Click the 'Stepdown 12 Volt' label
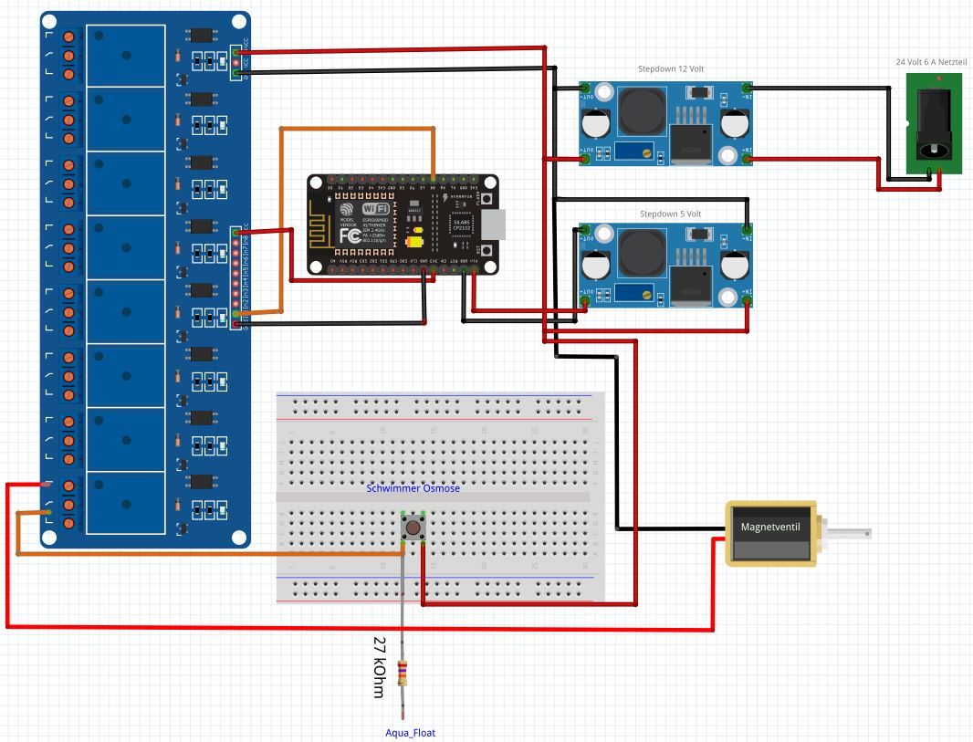(670, 69)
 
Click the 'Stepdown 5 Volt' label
(670, 214)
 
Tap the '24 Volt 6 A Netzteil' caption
(930, 62)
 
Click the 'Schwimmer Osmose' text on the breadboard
(413, 488)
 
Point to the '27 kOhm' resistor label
(380, 667)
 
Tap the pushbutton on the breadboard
(413, 528)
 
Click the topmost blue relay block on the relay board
(126, 56)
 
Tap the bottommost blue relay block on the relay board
(126, 502)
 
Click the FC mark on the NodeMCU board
(350, 235)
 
